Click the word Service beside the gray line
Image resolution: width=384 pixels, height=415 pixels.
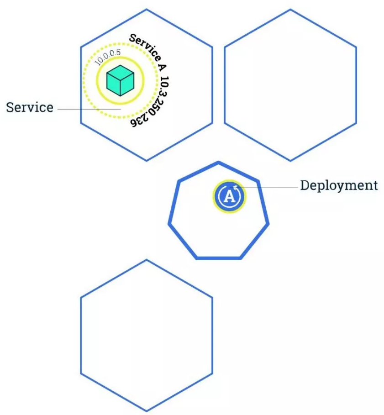pyautogui.click(x=30, y=108)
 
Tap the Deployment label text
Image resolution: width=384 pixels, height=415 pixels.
pyautogui.click(x=339, y=185)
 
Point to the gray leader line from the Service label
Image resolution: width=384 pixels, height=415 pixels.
pyautogui.click(x=87, y=109)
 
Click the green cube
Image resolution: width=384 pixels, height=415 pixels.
pyautogui.click(x=120, y=80)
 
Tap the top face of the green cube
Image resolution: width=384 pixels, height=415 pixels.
pyautogui.click(x=120, y=72)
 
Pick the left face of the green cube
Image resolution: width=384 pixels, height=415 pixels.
pyautogui.click(x=113, y=84)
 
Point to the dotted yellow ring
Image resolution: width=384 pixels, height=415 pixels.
pyautogui.click(x=85, y=91)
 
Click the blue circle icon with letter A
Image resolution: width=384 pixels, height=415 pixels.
pyautogui.click(x=229, y=196)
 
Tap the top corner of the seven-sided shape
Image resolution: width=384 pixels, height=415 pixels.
pyautogui.click(x=219, y=162)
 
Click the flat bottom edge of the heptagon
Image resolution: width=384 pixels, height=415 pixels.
pyautogui.click(x=219, y=258)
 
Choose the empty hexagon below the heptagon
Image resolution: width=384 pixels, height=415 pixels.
pyautogui.click(x=146, y=336)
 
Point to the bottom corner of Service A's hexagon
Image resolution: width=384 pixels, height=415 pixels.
pyautogui.click(x=146, y=160)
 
